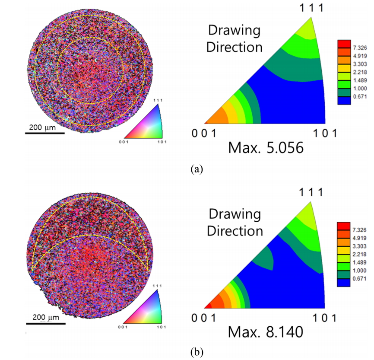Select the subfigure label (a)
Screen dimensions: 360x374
[196, 169]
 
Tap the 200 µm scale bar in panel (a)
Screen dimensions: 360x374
[45, 133]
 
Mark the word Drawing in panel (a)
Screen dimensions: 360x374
[235, 31]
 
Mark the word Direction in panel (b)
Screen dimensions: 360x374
[235, 230]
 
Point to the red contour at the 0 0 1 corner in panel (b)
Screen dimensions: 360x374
[208, 306]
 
